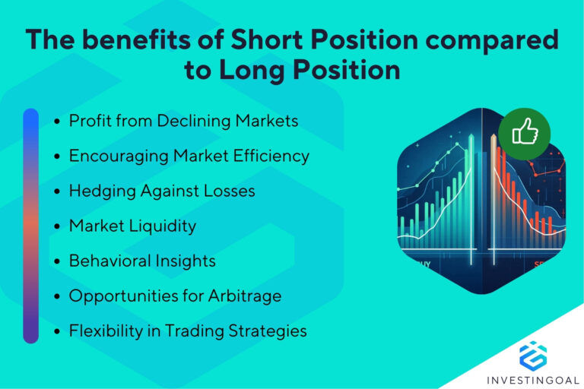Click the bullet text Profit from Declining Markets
click(x=183, y=120)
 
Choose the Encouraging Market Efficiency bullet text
click(x=189, y=156)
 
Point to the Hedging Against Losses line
click(x=161, y=191)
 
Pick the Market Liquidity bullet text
click(x=132, y=226)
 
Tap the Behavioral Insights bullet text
click(x=142, y=261)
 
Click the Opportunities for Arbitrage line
click(x=175, y=296)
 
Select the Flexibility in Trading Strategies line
click(x=188, y=330)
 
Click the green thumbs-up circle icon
click(x=525, y=134)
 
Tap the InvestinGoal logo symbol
click(x=532, y=356)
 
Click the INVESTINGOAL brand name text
click(x=532, y=379)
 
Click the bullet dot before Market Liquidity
click(x=59, y=226)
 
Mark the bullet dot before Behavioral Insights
click(x=59, y=261)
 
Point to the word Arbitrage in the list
click(x=244, y=296)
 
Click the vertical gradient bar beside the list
click(x=30, y=226)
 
